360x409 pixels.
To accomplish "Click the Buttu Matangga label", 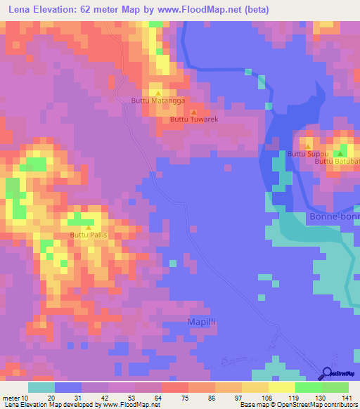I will click(157, 101).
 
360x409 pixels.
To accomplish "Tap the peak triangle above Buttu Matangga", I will click(157, 93).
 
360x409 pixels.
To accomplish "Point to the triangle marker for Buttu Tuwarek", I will click(195, 111).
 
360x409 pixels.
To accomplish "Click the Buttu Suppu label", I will click(308, 153).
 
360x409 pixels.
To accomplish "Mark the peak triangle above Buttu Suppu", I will click(308, 145).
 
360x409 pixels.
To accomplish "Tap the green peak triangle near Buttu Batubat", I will click(341, 153).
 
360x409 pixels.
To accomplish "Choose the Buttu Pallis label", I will click(88, 235).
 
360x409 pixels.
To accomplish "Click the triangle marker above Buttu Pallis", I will click(88, 227).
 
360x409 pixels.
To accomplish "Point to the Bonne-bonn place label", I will click(334, 217).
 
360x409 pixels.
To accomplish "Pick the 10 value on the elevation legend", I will click(25, 397).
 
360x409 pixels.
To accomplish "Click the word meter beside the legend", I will click(11, 397).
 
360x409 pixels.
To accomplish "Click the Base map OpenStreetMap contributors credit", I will click(298, 405).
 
